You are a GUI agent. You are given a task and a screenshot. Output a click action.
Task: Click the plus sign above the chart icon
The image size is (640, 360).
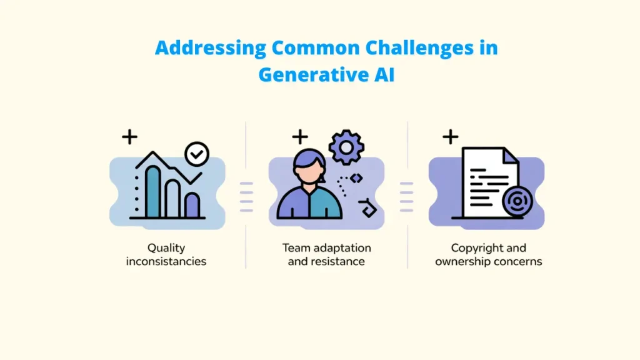point(129,137)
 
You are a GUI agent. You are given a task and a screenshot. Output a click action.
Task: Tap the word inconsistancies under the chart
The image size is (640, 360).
point(166,261)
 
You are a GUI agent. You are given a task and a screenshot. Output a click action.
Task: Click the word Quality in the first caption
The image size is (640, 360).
point(166,248)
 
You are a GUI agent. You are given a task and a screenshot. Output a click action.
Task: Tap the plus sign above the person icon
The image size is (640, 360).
point(300,137)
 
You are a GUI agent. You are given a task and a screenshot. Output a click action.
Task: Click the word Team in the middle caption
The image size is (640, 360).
point(296,248)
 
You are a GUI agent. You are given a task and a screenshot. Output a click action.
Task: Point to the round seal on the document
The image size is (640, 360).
point(516,201)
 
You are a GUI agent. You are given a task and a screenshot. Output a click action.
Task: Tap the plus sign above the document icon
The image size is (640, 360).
point(450,137)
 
